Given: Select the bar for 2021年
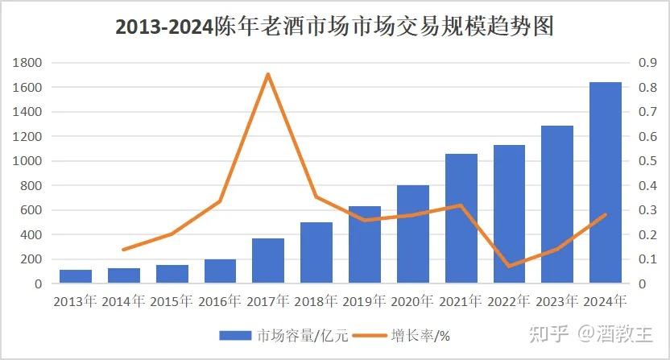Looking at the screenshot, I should (x=461, y=219).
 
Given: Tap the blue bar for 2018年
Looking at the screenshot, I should (x=316, y=253).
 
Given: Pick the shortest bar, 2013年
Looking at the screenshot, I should (x=76, y=276).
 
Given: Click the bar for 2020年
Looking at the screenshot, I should (x=413, y=234).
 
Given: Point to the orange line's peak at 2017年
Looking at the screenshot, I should (x=268, y=74).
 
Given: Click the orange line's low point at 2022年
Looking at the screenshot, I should (x=509, y=266).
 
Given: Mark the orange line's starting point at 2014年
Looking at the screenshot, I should (x=124, y=250).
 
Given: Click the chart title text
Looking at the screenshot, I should (x=335, y=27).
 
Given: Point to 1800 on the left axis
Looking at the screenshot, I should (x=28, y=63).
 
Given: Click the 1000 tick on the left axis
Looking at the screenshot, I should (x=28, y=161).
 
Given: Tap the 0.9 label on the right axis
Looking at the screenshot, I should (x=647, y=63).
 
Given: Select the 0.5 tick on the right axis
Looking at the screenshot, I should (x=647, y=161).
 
